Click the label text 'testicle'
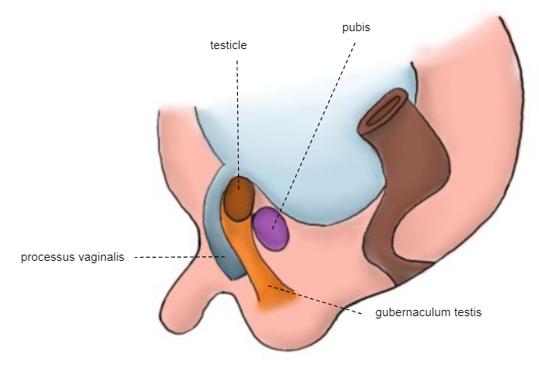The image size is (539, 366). point(228,46)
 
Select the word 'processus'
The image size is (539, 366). point(47,256)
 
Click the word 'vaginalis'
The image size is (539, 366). point(101,256)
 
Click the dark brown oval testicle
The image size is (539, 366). point(238,198)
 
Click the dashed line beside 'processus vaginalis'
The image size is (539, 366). point(179,256)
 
